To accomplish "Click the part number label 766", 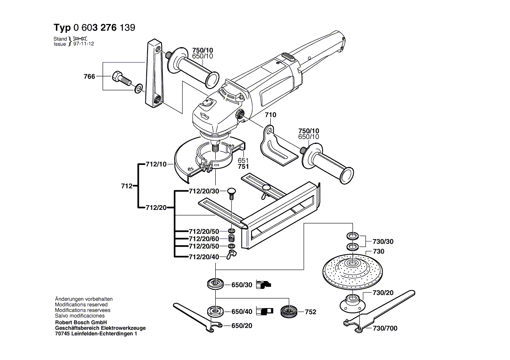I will (x=89, y=76).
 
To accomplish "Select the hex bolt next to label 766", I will (x=121, y=78).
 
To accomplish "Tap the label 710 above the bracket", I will (x=270, y=115).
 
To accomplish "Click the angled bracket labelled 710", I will (x=275, y=146).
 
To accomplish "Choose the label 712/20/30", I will (x=204, y=192).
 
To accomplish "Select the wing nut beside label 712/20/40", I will (x=231, y=254).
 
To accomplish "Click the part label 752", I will (x=310, y=312).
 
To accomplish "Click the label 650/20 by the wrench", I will (x=241, y=326).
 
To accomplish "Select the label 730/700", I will (x=385, y=328).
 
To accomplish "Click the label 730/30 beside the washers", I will (x=382, y=241).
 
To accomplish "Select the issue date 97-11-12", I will (x=84, y=44).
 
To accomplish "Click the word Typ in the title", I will (x=62, y=28).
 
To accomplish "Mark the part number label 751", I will (x=243, y=166).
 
